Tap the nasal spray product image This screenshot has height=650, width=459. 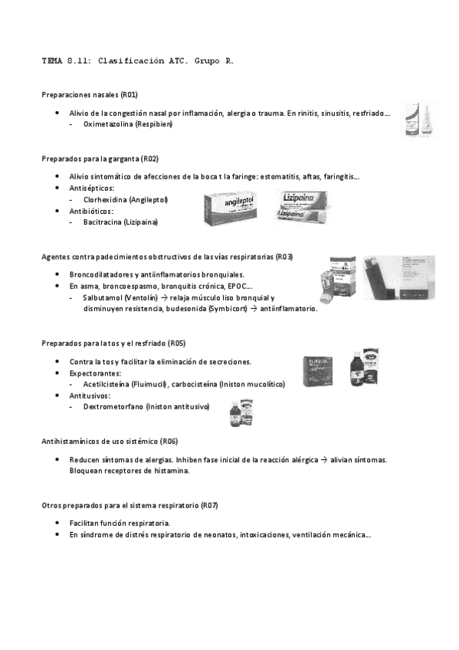click(x=421, y=120)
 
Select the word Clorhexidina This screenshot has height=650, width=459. click(x=105, y=199)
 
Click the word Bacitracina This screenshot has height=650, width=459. click(x=103, y=222)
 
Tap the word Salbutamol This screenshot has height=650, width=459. click(x=102, y=297)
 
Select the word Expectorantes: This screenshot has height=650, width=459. click(x=93, y=373)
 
